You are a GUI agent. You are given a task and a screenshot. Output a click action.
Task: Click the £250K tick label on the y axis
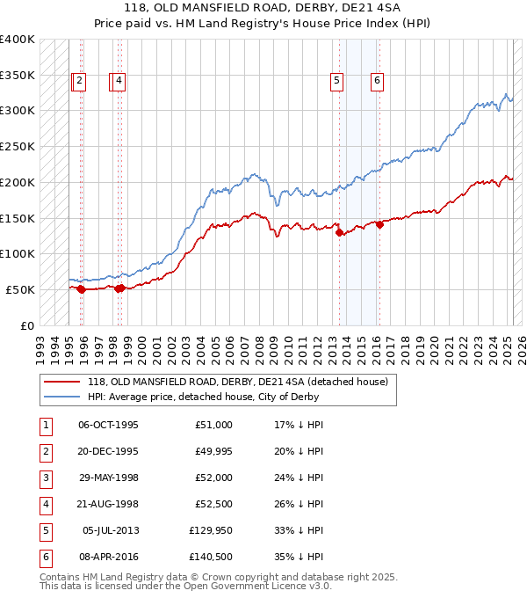[x=18, y=146]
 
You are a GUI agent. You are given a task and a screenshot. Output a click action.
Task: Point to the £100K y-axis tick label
[x=18, y=253]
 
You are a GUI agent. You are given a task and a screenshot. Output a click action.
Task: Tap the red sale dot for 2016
[x=380, y=224]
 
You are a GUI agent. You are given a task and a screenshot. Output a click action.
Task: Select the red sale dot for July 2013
[x=340, y=232]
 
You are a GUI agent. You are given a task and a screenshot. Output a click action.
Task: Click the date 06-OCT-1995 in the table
[x=108, y=425]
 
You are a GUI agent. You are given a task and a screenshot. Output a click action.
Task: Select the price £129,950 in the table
[x=211, y=530]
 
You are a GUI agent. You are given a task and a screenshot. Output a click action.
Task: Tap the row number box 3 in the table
[x=44, y=478]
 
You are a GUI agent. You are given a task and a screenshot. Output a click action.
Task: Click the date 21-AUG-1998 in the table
[x=108, y=504]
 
